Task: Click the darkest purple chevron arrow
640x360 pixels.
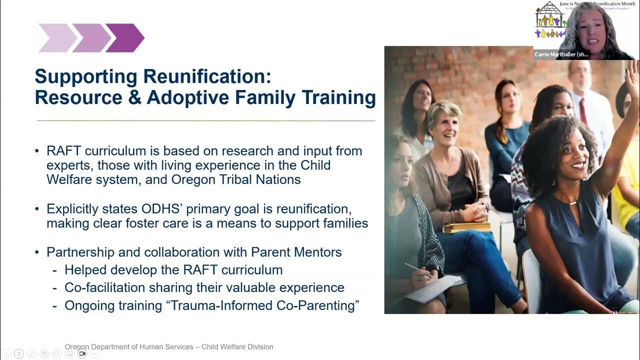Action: tap(125, 38)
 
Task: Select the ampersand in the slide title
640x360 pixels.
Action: tap(134, 97)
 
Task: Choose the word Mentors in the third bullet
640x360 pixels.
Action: tap(317, 252)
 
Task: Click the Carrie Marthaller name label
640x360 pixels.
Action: tap(561, 54)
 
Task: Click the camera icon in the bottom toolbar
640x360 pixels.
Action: tap(82, 353)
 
